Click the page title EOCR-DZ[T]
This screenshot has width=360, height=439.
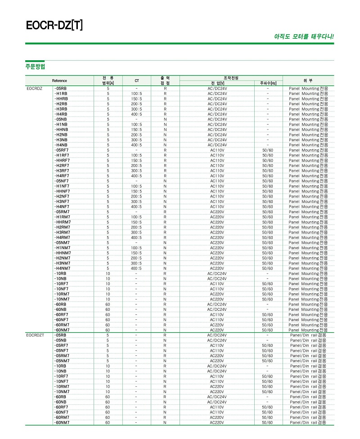(x=54, y=25)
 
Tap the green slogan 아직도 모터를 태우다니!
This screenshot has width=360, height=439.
(x=304, y=36)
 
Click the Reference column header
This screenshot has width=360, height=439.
(x=59, y=81)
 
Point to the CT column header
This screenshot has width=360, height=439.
(x=137, y=81)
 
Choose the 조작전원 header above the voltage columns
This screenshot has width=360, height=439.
(x=231, y=78)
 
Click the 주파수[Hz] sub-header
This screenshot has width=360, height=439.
(x=268, y=83)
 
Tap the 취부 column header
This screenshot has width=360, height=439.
(x=308, y=81)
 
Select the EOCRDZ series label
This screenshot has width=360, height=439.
(x=35, y=89)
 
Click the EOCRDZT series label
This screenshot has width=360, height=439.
(x=36, y=335)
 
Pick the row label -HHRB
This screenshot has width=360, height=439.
(x=61, y=99)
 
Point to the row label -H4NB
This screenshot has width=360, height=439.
(x=61, y=145)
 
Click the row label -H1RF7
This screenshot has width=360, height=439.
(x=62, y=155)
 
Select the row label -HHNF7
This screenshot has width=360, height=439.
(x=62, y=191)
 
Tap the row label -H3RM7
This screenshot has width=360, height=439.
(x=62, y=232)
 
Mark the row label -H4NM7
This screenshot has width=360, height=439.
(x=62, y=268)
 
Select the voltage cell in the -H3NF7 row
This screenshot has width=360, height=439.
(x=217, y=202)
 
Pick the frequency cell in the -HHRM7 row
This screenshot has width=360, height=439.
(x=268, y=222)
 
